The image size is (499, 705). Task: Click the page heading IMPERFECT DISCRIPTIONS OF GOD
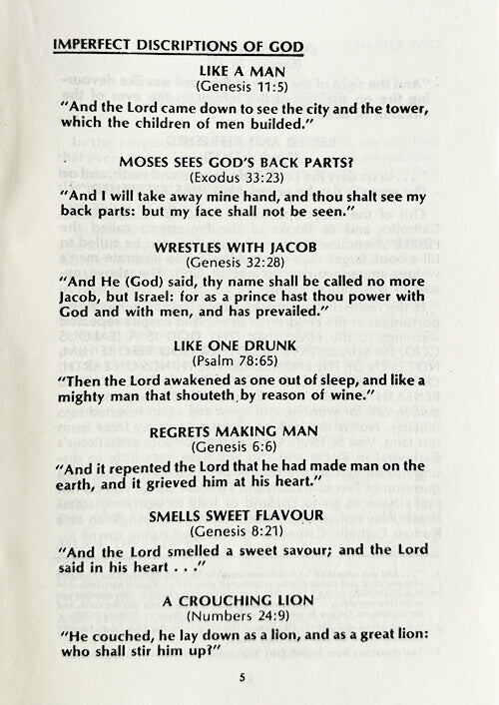178,46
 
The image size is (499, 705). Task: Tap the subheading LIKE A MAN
244,73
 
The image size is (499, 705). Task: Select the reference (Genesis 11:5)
244,88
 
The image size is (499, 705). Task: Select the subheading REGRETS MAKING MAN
244,431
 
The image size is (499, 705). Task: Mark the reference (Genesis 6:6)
244,446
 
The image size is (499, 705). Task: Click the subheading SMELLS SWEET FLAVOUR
244,516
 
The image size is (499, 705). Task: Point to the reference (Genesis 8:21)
244,531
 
